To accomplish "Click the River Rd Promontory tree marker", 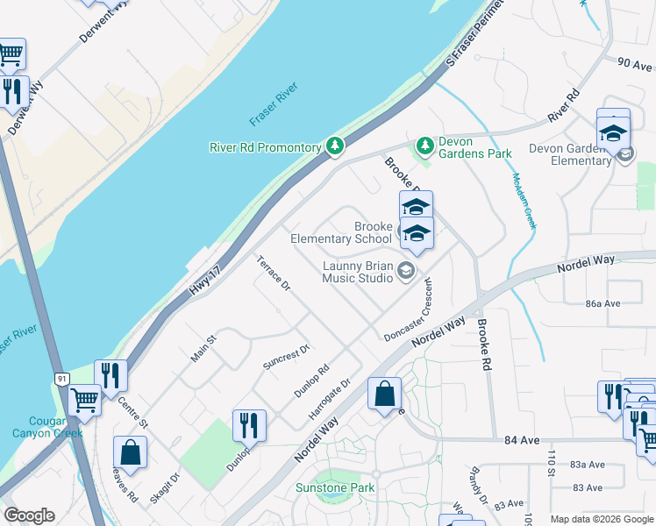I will (334, 146).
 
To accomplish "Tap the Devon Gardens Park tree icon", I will (425, 144).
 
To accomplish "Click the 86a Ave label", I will (603, 303).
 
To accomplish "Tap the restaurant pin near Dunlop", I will (249, 426).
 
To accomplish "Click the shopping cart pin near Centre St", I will (85, 402).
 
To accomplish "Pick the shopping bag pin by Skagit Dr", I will (130, 453).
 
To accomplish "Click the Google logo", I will (29, 516).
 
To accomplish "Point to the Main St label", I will (203, 349).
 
